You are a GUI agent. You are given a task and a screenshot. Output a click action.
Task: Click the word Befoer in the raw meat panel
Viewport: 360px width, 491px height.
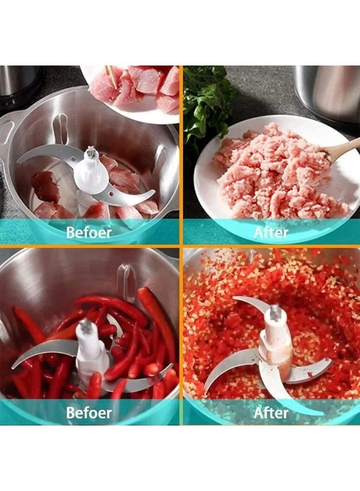point(89,232)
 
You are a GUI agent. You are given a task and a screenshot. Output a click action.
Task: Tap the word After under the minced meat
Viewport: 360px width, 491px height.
point(271,232)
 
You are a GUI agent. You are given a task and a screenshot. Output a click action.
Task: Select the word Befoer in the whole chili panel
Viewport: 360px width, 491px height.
point(89,412)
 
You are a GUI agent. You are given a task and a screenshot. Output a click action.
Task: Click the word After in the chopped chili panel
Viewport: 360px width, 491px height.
point(271,412)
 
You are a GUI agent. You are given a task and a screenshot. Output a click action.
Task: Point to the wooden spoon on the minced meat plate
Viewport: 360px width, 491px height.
point(341,151)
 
